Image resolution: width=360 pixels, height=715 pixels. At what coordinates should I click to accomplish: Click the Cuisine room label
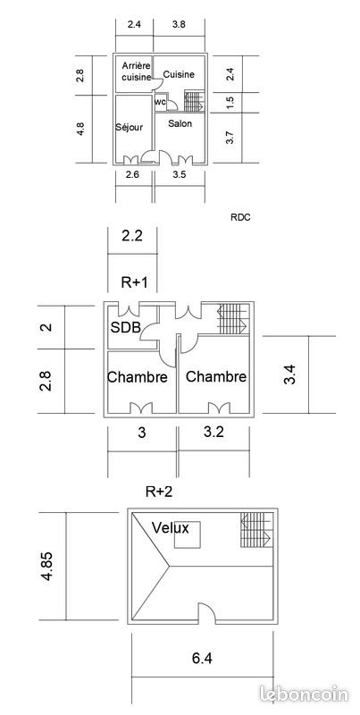pyautogui.click(x=179, y=74)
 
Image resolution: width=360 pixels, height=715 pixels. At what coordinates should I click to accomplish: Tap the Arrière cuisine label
pyautogui.click(x=136, y=71)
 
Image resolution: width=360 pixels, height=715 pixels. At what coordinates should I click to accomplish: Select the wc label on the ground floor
pyautogui.click(x=160, y=102)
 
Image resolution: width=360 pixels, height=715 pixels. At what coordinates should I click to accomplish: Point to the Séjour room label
pyautogui.click(x=129, y=127)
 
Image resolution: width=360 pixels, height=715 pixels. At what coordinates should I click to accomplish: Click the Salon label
pyautogui.click(x=180, y=123)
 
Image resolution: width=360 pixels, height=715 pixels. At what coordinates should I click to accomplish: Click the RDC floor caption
pyautogui.click(x=240, y=218)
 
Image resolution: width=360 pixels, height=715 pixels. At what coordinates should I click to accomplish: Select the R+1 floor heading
pyautogui.click(x=134, y=282)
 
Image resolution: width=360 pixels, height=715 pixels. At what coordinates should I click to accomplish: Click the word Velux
pyautogui.click(x=170, y=528)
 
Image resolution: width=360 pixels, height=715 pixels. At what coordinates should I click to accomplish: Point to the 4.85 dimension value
pyautogui.click(x=47, y=566)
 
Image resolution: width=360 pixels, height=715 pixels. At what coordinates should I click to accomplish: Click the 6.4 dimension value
pyautogui.click(x=201, y=658)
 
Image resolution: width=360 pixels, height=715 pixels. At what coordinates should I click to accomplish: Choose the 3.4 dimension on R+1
pyautogui.click(x=290, y=374)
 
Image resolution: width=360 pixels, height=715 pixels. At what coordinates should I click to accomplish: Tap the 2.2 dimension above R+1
pyautogui.click(x=132, y=236)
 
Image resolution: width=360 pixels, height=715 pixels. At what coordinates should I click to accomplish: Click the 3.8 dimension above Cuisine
pyautogui.click(x=179, y=25)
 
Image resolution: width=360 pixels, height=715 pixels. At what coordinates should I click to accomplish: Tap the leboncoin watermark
pyautogui.click(x=304, y=694)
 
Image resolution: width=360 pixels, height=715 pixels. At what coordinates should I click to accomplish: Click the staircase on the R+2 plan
pyautogui.click(x=256, y=529)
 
